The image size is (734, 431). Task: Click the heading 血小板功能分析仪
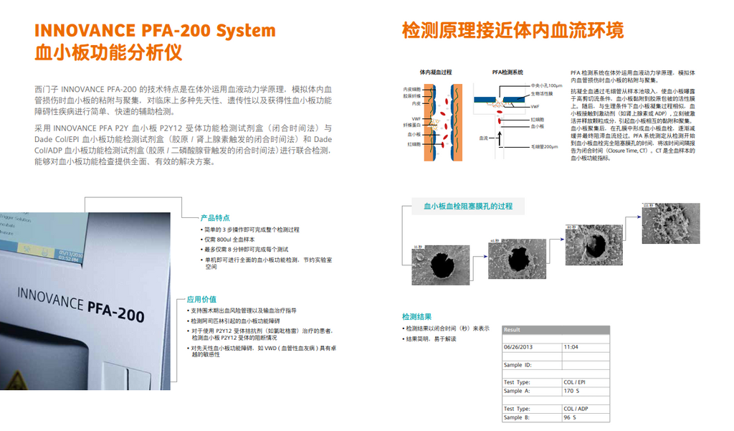click(108, 52)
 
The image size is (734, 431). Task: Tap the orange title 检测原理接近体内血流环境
click(513, 30)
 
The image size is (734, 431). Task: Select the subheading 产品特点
click(215, 217)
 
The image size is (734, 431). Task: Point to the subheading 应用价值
click(201, 299)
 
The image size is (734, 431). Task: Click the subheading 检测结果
click(416, 316)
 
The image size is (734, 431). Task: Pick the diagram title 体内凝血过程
click(436, 72)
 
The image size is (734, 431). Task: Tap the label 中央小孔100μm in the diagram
click(547, 85)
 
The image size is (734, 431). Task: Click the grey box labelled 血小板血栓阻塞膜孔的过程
click(467, 207)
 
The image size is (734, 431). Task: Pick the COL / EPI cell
click(575, 382)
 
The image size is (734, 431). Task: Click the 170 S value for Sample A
click(572, 391)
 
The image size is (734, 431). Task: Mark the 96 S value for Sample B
click(571, 417)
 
